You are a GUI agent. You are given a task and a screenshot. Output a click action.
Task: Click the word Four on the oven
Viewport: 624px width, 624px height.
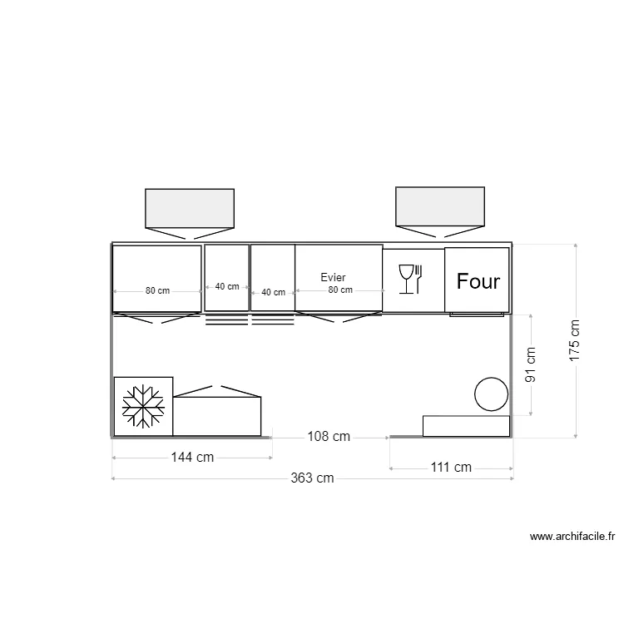pyautogui.click(x=478, y=281)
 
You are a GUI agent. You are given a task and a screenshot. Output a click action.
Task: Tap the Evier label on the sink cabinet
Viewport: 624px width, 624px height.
pyautogui.click(x=333, y=277)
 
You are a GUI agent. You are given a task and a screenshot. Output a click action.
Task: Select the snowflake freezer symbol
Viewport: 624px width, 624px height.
pyautogui.click(x=143, y=406)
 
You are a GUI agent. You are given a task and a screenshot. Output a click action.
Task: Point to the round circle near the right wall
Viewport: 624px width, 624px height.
pyautogui.click(x=491, y=394)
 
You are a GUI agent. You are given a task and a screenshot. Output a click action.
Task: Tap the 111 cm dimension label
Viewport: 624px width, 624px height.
pyautogui.click(x=450, y=468)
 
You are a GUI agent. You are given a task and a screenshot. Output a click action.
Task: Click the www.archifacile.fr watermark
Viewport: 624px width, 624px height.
pyautogui.click(x=572, y=537)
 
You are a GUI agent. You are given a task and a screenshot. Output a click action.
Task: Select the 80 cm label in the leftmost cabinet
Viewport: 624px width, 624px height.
pyautogui.click(x=157, y=291)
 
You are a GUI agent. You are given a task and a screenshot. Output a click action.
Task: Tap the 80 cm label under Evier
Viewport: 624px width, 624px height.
pyautogui.click(x=339, y=290)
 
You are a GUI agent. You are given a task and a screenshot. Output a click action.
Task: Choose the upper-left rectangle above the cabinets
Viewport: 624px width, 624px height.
pyautogui.click(x=190, y=208)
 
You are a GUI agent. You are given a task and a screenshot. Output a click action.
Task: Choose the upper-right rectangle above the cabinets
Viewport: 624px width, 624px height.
pyautogui.click(x=439, y=206)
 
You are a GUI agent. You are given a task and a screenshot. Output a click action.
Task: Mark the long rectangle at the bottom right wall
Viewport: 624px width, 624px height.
pyautogui.click(x=466, y=426)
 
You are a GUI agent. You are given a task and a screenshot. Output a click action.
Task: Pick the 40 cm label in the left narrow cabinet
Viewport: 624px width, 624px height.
pyautogui.click(x=226, y=286)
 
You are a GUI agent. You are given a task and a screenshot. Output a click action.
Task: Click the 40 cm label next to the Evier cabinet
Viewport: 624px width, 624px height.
pyautogui.click(x=273, y=292)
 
